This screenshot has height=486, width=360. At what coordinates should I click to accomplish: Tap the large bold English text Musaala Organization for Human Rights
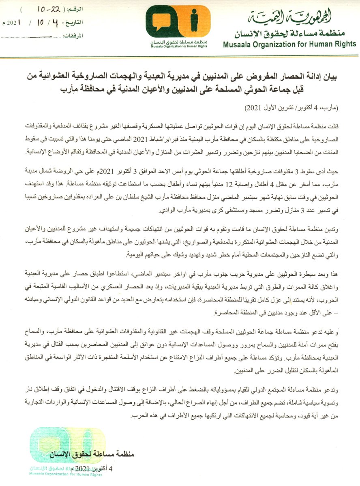point(289,44)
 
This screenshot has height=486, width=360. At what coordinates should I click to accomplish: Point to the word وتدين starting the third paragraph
point(344,229)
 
